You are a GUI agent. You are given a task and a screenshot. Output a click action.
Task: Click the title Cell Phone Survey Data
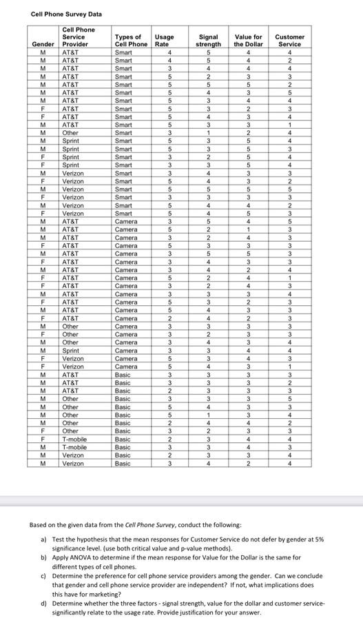(66, 14)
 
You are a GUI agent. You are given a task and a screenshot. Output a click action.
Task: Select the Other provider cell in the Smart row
(70, 132)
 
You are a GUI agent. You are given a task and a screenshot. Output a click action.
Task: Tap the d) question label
(45, 605)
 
